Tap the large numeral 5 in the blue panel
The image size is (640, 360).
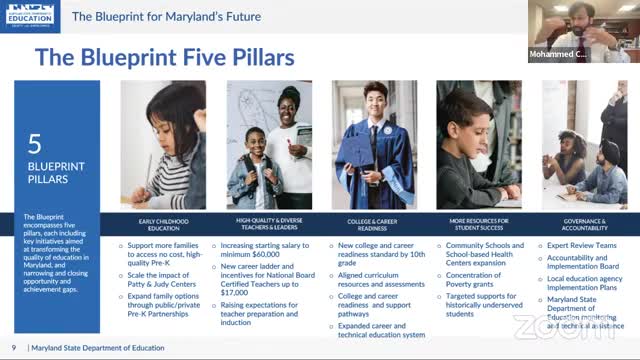pyautogui.click(x=34, y=144)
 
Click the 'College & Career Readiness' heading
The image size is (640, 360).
pyautogui.click(x=374, y=224)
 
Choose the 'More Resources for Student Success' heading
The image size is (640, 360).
pyautogui.click(x=480, y=224)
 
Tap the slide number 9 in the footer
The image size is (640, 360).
pyautogui.click(x=13, y=347)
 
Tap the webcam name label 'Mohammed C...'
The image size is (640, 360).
pyautogui.click(x=558, y=54)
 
